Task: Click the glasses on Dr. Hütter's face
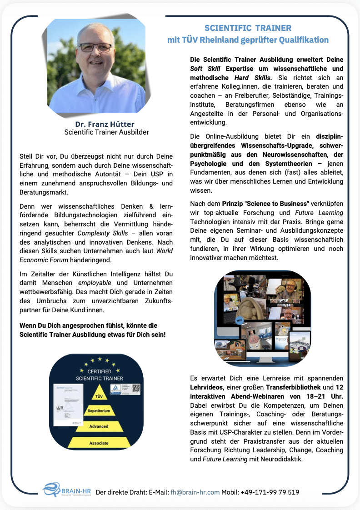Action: coord(96,47)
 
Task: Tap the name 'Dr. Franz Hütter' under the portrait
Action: coord(105,124)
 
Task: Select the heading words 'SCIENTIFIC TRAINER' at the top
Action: coord(248,28)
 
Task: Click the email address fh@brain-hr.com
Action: coord(195,492)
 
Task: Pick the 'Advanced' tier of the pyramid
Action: coord(99,426)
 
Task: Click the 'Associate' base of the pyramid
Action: coord(99,443)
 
